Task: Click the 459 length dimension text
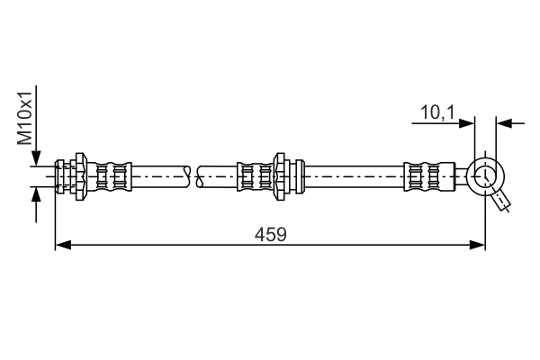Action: (x=270, y=235)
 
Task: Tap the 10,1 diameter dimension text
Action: (x=437, y=112)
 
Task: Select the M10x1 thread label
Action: (x=25, y=118)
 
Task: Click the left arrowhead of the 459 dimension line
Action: (x=63, y=245)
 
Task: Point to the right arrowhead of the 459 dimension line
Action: (x=477, y=245)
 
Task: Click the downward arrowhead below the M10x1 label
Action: (x=36, y=158)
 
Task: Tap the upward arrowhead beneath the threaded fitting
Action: (x=36, y=195)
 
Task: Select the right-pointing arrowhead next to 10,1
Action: (x=466, y=123)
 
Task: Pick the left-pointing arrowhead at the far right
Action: (x=504, y=123)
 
